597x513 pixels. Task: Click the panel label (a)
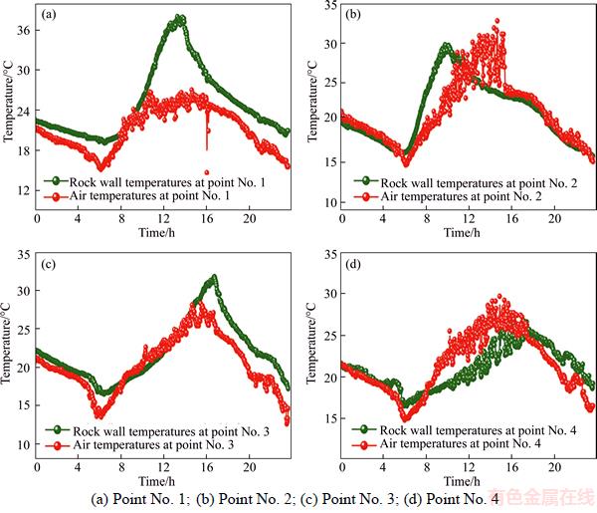pyautogui.click(x=49, y=17)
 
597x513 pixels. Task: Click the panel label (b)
pyautogui.click(x=352, y=17)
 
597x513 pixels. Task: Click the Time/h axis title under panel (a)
pyautogui.click(x=162, y=231)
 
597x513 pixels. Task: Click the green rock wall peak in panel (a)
pyautogui.click(x=179, y=18)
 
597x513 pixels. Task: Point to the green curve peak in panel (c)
pyautogui.click(x=213, y=278)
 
